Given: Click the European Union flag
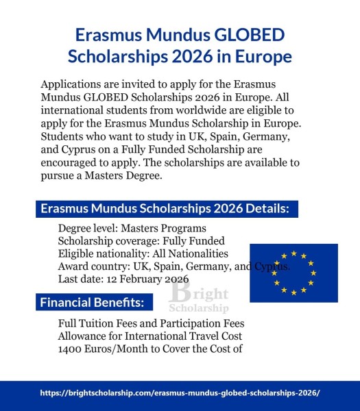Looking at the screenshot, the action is [x=293, y=273].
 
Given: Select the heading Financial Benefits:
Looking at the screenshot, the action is [x=92, y=302].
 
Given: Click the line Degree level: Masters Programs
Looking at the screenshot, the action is [x=132, y=228].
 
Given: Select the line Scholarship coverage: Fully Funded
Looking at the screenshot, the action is [x=141, y=241].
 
